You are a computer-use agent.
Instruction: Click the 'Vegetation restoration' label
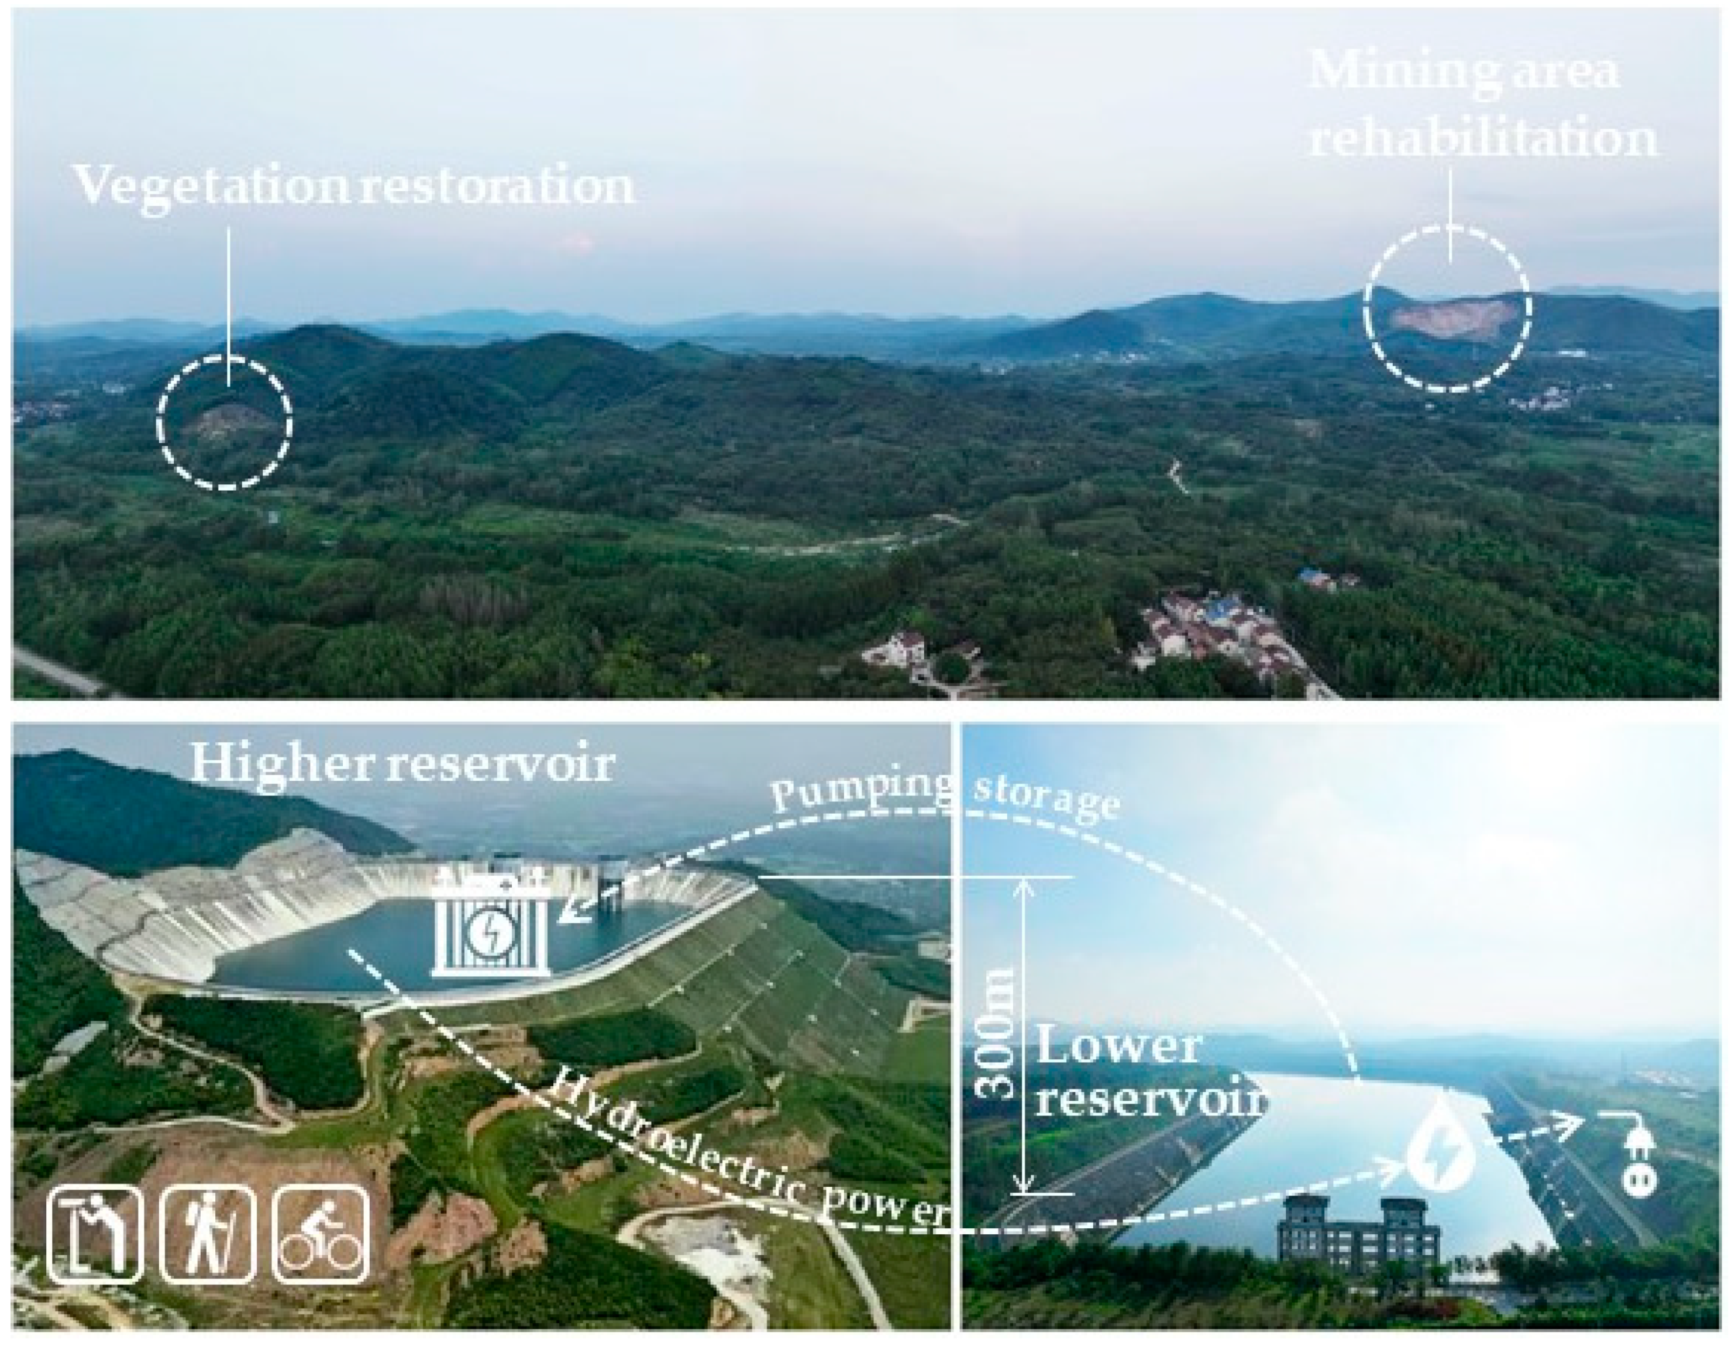coord(354,186)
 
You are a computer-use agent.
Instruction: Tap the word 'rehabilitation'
coord(1483,139)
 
